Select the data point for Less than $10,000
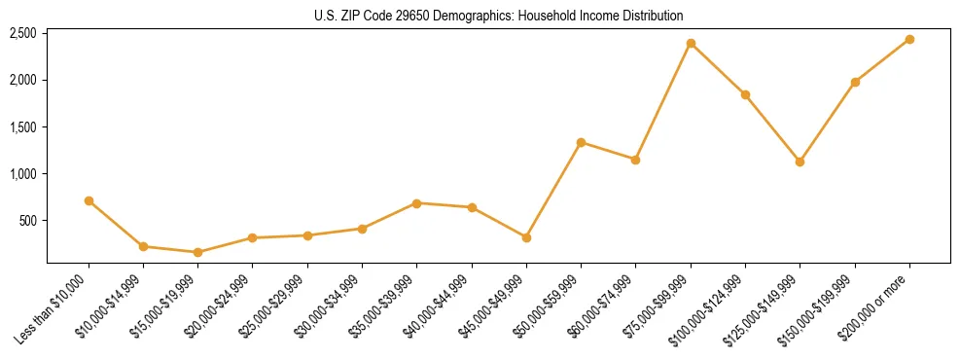89,200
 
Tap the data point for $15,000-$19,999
197,252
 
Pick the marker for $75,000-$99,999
691,43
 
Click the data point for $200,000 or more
909,39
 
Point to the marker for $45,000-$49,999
526,237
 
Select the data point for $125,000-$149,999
800,162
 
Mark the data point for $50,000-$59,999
581,142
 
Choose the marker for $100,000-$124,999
745,94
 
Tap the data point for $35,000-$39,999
416,203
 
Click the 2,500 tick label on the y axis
22,33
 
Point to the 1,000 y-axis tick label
22,174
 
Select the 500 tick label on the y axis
27,221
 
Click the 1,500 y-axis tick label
22,127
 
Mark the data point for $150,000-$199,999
855,82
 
